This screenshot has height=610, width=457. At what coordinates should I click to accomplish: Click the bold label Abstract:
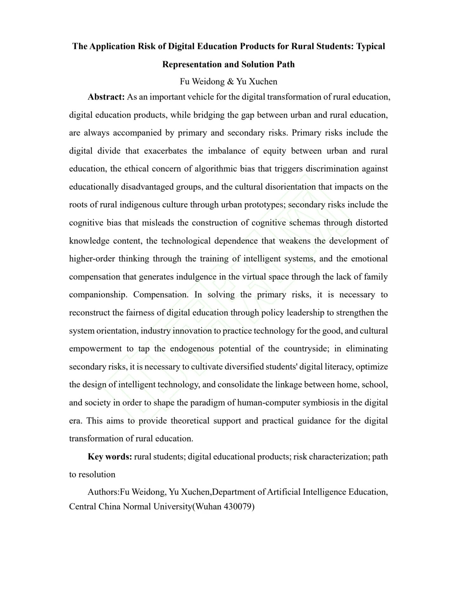click(106, 97)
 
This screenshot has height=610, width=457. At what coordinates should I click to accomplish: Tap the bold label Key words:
click(110, 457)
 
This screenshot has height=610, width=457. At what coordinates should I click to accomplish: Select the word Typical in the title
click(370, 46)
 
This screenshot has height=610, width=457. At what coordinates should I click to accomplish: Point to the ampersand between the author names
click(231, 82)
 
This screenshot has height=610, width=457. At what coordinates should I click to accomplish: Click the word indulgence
click(196, 277)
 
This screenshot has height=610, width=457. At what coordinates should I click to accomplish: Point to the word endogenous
click(192, 349)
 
